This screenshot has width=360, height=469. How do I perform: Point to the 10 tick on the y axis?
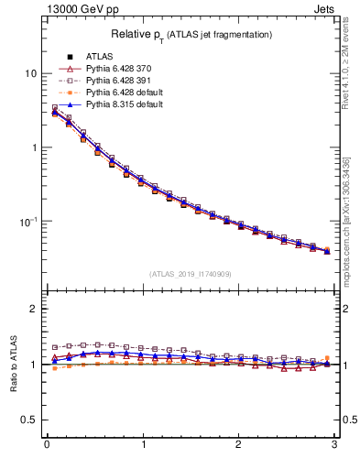[x=31, y=73]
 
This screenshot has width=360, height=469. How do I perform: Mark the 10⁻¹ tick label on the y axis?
[x=29, y=221]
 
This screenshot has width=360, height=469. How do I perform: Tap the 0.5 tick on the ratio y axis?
[x=29, y=420]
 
